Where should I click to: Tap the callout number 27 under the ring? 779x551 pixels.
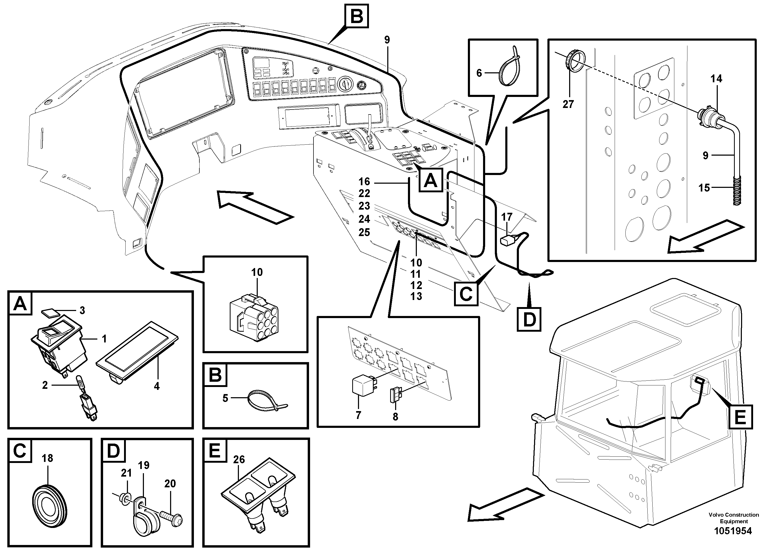click(568, 104)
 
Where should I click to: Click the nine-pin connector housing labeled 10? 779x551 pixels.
click(254, 317)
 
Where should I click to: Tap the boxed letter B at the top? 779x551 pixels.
click(357, 16)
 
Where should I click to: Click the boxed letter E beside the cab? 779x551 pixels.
click(740, 417)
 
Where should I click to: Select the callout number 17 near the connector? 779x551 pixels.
click(507, 217)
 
